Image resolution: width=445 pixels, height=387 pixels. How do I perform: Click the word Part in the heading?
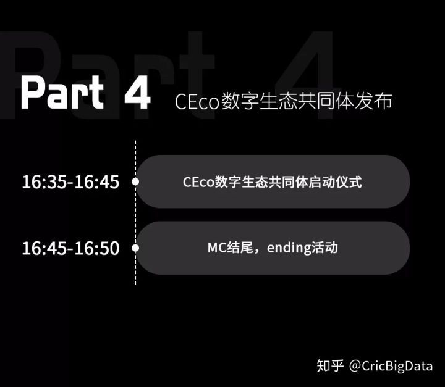point(62,93)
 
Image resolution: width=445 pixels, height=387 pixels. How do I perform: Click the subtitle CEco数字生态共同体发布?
point(283,102)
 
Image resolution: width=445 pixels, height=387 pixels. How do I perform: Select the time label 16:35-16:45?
point(70,182)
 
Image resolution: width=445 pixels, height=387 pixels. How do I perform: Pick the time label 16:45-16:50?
point(70,248)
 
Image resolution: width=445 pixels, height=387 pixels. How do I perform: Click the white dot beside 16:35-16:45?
point(135,182)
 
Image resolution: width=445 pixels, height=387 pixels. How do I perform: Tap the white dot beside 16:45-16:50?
point(135,248)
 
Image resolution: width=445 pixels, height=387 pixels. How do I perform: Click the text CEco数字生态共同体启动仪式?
point(272,182)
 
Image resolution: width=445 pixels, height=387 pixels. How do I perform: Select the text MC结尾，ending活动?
point(272,248)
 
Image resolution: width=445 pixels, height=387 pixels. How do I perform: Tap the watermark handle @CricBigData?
point(391,365)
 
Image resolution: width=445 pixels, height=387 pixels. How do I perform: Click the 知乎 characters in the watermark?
point(330,365)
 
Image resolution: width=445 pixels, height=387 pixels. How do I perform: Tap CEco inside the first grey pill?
point(198,183)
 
